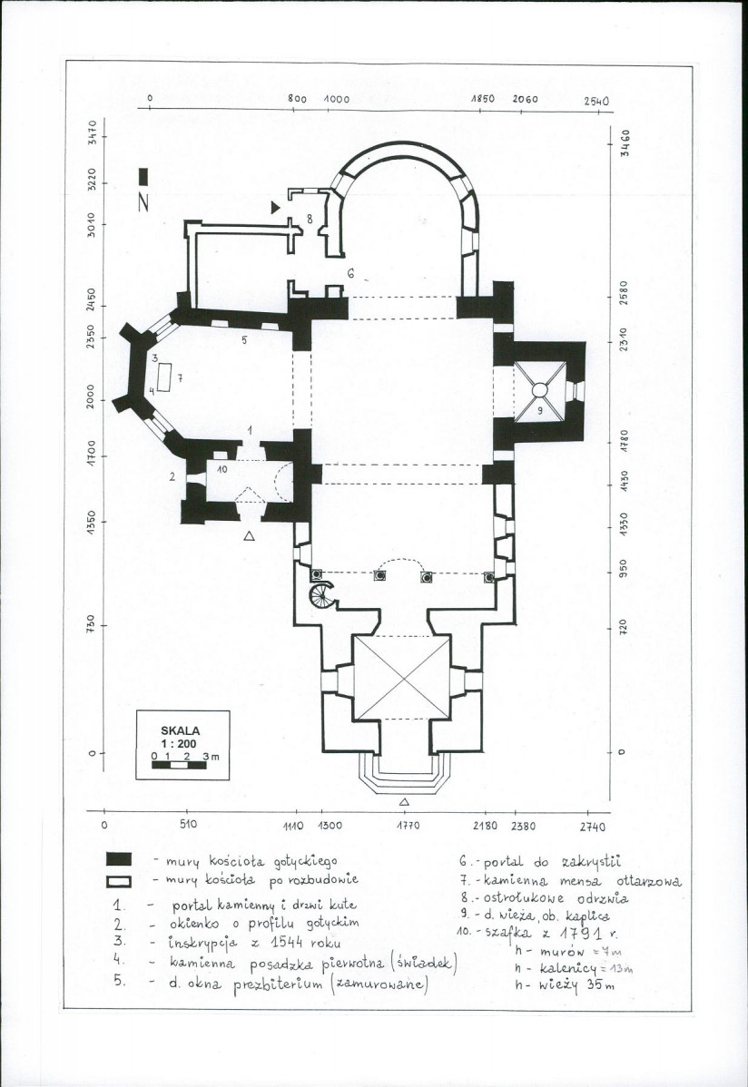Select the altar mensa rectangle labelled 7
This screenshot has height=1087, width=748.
165,376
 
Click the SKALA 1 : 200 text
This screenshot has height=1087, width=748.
180,735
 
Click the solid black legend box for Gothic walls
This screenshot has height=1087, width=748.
120,858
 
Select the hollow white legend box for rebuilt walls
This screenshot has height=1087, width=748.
120,880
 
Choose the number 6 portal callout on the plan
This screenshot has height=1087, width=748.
349,271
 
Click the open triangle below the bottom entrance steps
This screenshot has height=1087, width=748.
404,802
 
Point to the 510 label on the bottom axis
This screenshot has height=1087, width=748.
191,827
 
